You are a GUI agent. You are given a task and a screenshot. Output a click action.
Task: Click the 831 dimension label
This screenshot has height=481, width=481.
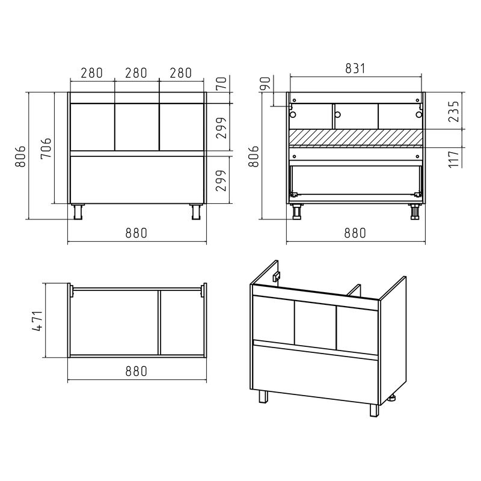(x=355, y=69)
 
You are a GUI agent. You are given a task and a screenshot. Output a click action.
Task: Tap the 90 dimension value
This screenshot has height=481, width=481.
(x=266, y=84)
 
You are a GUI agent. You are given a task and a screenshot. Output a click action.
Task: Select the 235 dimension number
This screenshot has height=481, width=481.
(x=454, y=112)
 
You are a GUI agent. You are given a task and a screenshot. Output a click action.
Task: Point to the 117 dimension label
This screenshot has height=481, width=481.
(x=454, y=159)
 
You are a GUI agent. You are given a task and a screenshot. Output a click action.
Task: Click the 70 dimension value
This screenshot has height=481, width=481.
(x=221, y=83)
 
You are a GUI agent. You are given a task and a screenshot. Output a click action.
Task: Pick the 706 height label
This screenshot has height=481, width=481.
(x=46, y=149)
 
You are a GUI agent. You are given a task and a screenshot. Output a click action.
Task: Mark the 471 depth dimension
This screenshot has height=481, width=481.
(x=37, y=321)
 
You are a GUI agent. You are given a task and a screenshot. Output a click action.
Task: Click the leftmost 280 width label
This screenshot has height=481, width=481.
(x=91, y=73)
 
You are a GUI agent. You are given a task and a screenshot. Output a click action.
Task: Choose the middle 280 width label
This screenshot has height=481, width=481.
(x=136, y=73)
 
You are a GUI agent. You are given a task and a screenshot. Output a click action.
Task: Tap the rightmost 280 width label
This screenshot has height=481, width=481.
(x=181, y=73)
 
